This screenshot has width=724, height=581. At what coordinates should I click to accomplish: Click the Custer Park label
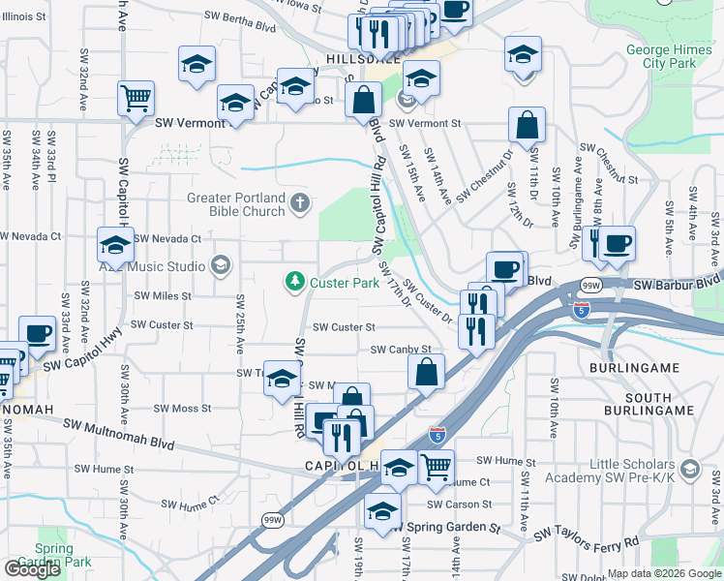pyautogui.click(x=345, y=283)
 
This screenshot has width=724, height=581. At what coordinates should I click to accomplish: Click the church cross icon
pyautogui.click(x=300, y=202)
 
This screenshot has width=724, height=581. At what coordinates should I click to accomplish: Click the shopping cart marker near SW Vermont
pyautogui.click(x=136, y=97)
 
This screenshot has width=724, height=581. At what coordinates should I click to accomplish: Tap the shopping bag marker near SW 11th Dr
pyautogui.click(x=527, y=125)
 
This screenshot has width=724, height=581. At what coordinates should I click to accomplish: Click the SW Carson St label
pyautogui.click(x=463, y=505)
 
